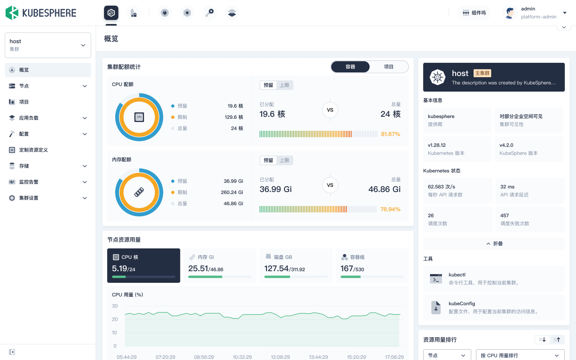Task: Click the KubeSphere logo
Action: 41,13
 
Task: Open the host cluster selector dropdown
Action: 48,45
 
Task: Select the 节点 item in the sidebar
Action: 24,86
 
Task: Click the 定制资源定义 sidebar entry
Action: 34,150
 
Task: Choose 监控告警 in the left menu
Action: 29,182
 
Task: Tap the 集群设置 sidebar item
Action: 29,198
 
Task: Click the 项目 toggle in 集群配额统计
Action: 388,67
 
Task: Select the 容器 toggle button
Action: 350,67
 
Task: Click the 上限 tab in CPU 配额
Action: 284,85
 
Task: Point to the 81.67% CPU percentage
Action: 390,134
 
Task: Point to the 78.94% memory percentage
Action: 390,209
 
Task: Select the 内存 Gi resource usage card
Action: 220,266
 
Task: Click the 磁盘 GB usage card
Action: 296,266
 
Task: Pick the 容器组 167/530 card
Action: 372,266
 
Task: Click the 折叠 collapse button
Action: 494,244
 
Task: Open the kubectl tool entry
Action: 494,279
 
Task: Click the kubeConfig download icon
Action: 436,308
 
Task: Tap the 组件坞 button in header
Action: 474,13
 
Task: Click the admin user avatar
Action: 510,13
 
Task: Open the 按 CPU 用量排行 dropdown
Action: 520,355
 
